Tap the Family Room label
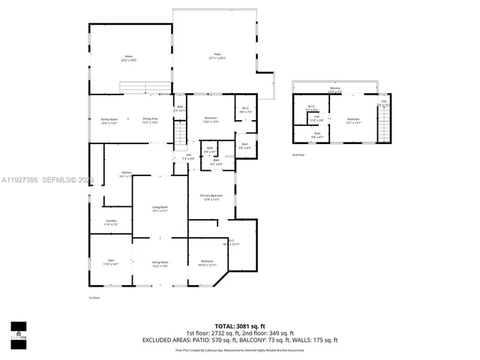click(x=109, y=121)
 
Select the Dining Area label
click(x=150, y=121)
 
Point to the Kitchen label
click(x=127, y=174)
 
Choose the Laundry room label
click(x=110, y=222)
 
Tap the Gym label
click(x=110, y=262)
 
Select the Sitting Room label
click(x=160, y=263)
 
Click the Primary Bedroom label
click(x=211, y=197)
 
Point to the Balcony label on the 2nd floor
click(x=335, y=90)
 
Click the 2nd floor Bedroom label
click(x=353, y=121)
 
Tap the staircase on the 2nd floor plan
click(x=384, y=124)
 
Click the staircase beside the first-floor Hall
click(x=180, y=137)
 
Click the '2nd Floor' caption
click(x=298, y=155)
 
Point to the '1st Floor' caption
click(x=94, y=298)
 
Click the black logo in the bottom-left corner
click(x=18, y=331)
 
